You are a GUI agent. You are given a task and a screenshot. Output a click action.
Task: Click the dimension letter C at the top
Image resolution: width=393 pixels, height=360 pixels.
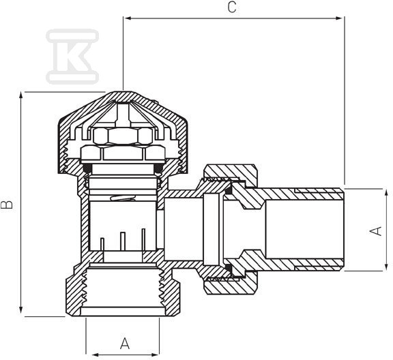tap(232, 7)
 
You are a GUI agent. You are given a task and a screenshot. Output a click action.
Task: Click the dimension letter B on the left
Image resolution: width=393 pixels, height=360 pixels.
tap(7, 205)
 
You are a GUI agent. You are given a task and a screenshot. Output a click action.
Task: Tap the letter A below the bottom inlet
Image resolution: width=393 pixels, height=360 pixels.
tap(125, 344)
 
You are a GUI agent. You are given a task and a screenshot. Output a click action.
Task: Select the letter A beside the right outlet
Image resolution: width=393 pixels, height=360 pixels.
tap(376, 231)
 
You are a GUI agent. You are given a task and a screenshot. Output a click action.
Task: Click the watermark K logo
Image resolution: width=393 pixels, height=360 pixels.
tap(72, 57)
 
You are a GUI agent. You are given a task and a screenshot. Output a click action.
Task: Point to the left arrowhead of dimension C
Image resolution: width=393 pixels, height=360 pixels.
tap(128, 18)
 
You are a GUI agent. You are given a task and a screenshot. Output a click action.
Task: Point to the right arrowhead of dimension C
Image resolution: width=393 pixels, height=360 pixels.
tap(339, 18)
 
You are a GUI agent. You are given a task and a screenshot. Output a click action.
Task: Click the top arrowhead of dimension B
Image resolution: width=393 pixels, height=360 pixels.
tap(21, 95)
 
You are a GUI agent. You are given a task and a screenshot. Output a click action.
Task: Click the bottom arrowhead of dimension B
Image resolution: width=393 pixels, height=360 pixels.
tap(21, 310)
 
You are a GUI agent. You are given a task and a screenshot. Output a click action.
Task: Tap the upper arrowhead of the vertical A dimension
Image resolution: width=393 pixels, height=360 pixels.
tap(386, 193)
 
